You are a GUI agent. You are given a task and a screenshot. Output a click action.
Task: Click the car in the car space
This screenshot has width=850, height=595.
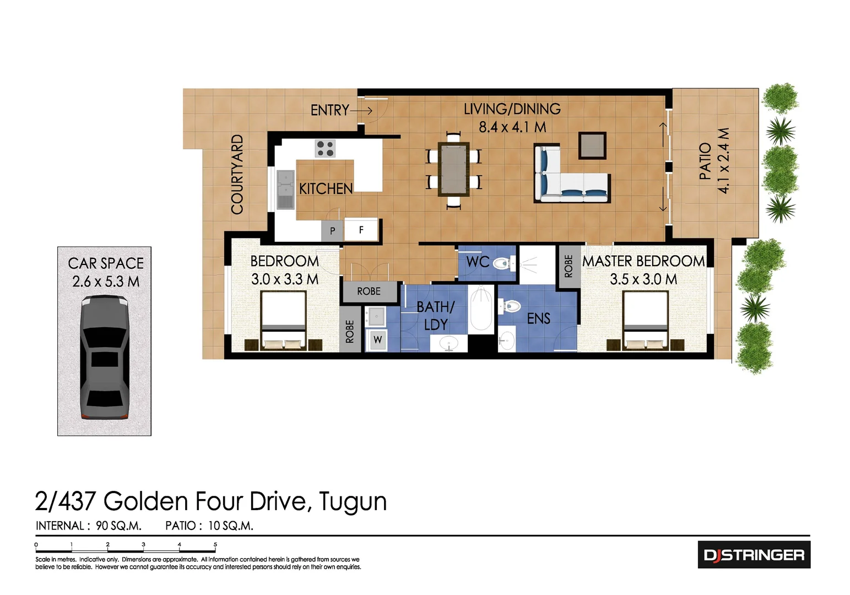coord(105,357)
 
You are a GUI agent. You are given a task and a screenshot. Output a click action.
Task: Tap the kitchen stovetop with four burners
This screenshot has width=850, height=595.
coord(324,149)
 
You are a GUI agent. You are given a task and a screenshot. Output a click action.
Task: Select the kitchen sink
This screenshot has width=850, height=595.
coord(285,190)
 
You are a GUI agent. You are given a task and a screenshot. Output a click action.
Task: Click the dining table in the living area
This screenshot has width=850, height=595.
coord(453,169)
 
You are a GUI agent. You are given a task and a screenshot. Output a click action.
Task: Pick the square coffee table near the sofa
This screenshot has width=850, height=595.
coord(592,146)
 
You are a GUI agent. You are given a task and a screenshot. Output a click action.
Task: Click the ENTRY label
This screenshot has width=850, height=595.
coord(329,111)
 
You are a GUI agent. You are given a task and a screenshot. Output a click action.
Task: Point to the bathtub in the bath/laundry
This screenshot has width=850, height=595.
coord(481,309)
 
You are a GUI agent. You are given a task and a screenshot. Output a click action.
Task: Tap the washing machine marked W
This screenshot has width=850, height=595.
coord(377,339)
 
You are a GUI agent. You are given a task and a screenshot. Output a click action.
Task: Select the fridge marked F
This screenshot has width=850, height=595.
coord(361,230)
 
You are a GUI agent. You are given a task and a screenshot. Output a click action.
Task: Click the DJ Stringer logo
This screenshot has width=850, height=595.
coord(754,555)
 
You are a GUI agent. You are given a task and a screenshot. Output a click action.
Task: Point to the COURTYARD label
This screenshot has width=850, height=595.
coord(237,174)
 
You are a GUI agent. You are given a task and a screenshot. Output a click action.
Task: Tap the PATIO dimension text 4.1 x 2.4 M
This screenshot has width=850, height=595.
coord(723,161)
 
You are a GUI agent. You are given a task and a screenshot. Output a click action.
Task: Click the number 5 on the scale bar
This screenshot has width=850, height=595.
coord(215,544)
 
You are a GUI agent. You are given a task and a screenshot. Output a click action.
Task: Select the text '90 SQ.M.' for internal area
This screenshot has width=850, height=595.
coord(118,526)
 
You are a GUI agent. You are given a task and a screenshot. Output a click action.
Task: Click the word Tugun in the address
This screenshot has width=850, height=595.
coord(353,501)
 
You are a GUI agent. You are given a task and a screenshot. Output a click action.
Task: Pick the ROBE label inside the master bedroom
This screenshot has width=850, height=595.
coord(569,267)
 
